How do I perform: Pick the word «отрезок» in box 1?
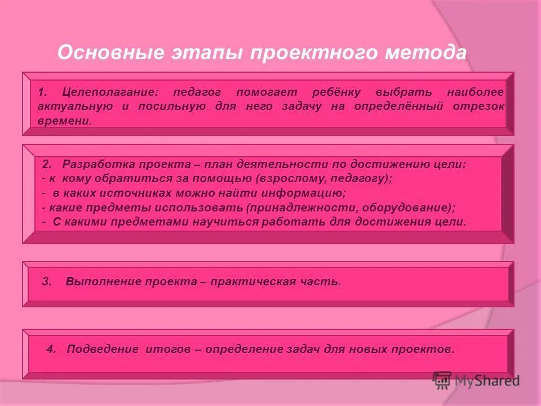point(478,107)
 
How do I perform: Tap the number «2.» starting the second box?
point(47,164)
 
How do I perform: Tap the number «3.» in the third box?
point(47,281)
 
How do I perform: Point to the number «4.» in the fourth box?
point(52,349)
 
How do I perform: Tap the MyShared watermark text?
point(487,381)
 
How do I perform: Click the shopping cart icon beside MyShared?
point(442,380)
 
